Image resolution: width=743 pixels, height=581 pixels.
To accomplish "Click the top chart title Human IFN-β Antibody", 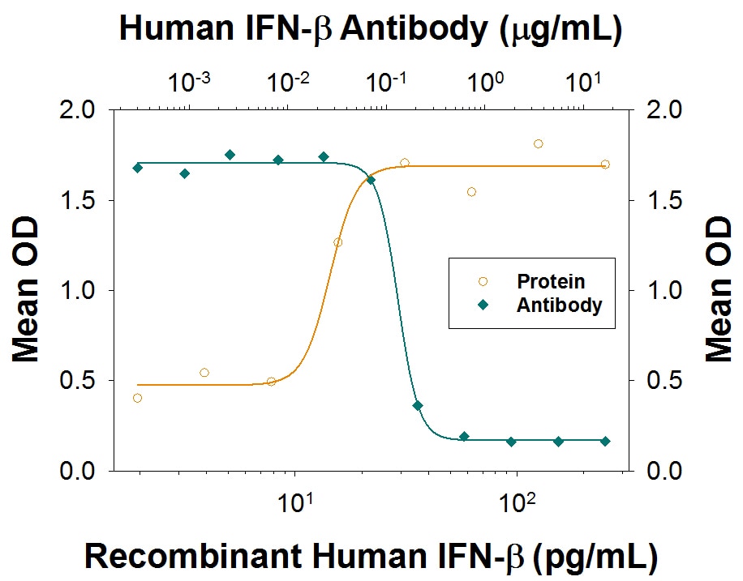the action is (x=303, y=28).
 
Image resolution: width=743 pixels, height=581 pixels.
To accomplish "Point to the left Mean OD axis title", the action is (x=24, y=290).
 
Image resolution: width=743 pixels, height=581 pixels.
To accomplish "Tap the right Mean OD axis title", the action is (x=719, y=290).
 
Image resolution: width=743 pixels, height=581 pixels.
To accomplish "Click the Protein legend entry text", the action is (x=551, y=281).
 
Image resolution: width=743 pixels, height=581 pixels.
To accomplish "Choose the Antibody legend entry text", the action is (x=559, y=305).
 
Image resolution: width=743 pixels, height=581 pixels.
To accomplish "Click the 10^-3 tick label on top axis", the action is (x=189, y=83).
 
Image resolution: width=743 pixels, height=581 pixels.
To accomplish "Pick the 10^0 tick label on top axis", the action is (x=485, y=83).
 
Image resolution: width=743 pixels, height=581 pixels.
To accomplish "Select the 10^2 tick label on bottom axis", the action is (x=517, y=503).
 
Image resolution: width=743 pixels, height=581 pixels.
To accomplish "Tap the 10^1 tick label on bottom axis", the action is (x=294, y=503).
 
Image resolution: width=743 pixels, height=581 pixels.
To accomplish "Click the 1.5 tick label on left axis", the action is (x=78, y=200).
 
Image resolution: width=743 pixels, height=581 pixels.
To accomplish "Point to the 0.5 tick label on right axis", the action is (x=665, y=380).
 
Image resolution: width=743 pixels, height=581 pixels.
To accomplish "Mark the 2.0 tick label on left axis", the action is (x=78, y=110).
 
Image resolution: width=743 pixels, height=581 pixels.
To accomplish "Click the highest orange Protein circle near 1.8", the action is (x=539, y=144).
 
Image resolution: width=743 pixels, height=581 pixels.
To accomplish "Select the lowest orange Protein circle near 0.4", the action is (x=137, y=398).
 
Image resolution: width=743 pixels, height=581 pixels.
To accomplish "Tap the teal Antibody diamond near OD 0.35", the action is (x=418, y=406).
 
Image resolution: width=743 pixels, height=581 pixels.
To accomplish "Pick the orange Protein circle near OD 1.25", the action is (x=338, y=243).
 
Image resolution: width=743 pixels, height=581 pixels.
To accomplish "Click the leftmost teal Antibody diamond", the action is (x=138, y=168).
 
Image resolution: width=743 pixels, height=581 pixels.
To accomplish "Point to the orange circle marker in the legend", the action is (x=483, y=282).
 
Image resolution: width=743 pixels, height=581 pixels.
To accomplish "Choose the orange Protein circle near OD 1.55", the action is (x=471, y=192).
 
